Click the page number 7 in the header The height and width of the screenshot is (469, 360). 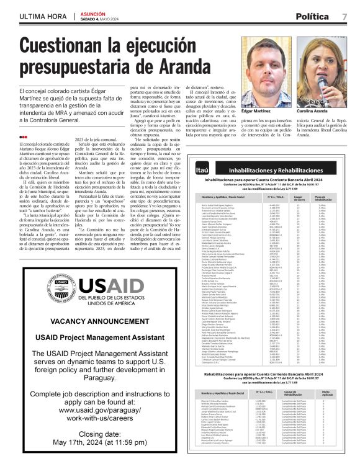[344, 16]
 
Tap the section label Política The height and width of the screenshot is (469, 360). [313, 16]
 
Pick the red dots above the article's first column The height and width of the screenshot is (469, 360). [23, 136]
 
